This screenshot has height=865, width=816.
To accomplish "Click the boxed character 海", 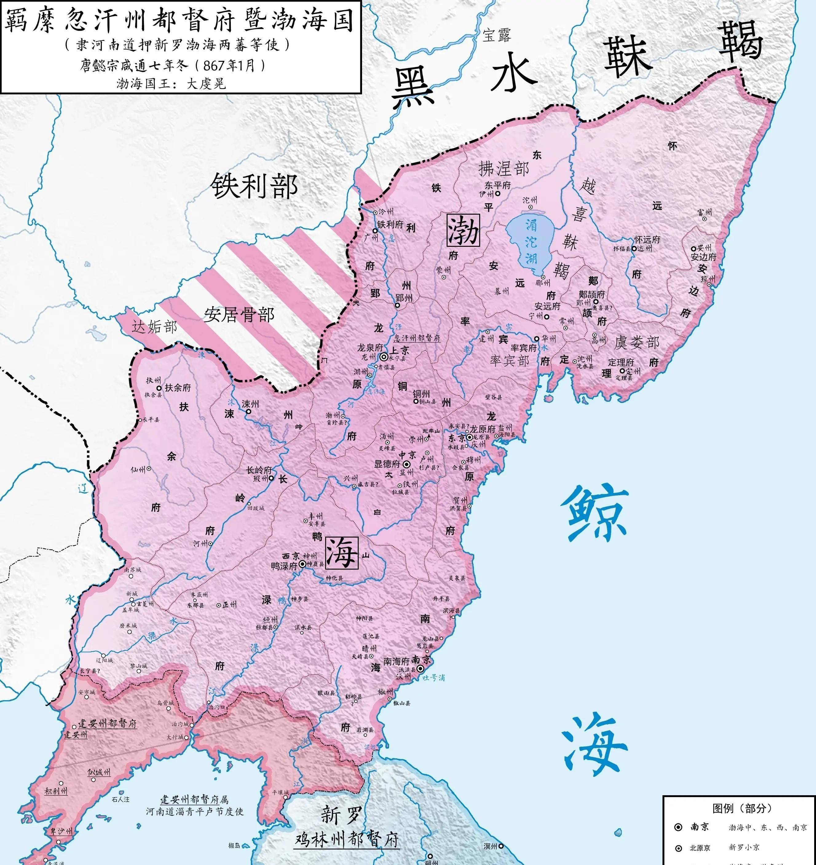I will (x=342, y=553).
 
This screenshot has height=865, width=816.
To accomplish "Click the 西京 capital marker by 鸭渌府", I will (x=302, y=563).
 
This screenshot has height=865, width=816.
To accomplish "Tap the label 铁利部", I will (x=254, y=186).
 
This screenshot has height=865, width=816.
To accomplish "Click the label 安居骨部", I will (x=239, y=314).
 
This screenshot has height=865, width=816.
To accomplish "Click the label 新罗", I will (x=341, y=814).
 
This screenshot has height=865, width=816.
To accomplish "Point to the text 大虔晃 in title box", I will (x=206, y=84).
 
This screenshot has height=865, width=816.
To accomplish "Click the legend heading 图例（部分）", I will (x=742, y=808).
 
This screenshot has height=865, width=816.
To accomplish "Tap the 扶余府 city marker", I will (x=159, y=388).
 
